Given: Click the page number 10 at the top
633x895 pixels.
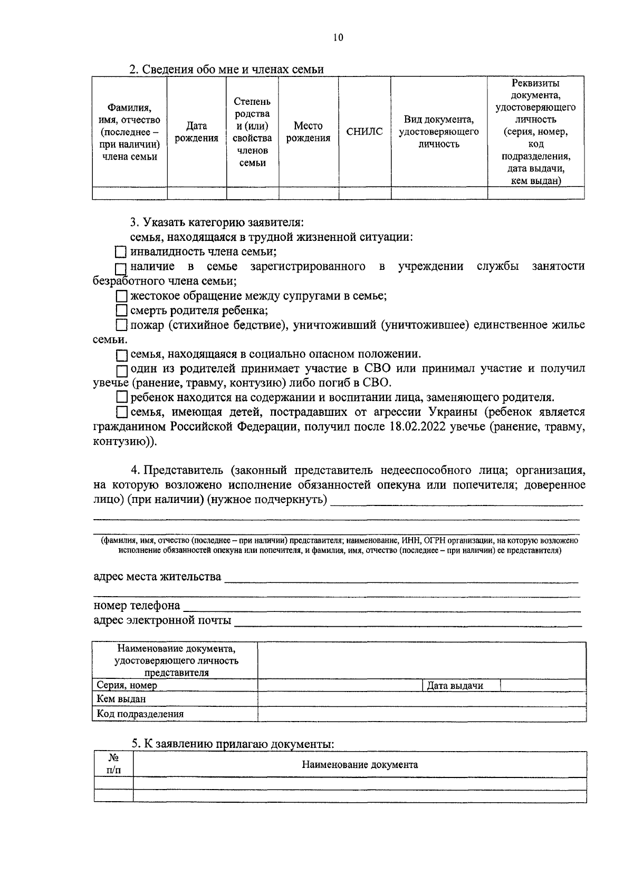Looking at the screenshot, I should coord(338,37).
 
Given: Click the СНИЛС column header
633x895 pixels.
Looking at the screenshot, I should coord(365,132).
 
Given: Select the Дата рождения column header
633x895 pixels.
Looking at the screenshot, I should coord(196,132).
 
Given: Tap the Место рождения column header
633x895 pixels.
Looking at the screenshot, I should coord(308,132).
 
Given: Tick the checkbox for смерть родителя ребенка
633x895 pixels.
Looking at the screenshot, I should coord(122,310).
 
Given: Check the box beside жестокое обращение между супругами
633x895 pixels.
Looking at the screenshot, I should coord(122,296).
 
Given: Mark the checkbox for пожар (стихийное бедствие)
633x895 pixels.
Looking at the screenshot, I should coord(122,325).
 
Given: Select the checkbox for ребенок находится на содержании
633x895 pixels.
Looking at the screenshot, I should coord(122,397).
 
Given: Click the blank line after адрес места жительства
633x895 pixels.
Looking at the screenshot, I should coord(401,580).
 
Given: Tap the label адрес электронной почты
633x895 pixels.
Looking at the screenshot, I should coord(162,620).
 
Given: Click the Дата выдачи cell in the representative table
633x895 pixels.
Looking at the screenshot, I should coord(455,686).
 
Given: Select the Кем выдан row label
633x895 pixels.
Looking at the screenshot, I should coord(121,699).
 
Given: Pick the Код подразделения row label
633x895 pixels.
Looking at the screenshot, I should coord(140,714).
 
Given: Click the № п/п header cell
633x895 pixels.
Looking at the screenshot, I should coord(113,764).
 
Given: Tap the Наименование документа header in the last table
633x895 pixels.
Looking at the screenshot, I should coord(359,765).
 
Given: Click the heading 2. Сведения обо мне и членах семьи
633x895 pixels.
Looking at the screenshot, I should coord(227,70).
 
